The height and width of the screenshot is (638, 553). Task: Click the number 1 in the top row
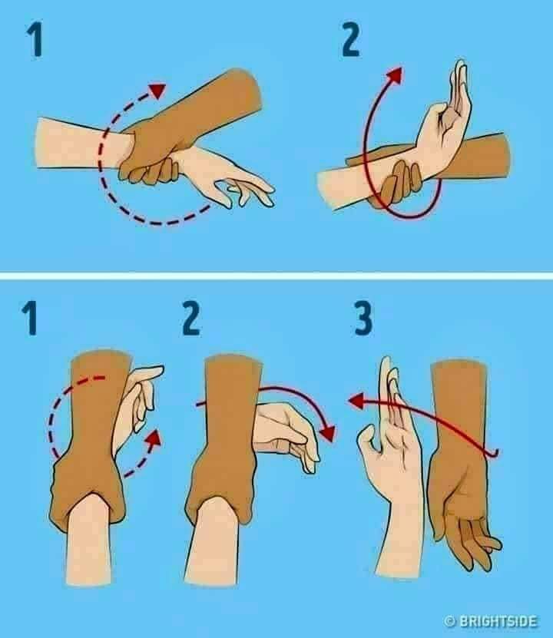coord(35,40)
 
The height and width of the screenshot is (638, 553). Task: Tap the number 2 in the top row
coord(350,40)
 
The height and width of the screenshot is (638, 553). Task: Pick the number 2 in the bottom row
coord(190,319)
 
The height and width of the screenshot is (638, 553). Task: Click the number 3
coord(363,319)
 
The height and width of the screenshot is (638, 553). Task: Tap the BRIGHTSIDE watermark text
coord(498,621)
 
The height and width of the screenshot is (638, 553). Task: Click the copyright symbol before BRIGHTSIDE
coord(450,621)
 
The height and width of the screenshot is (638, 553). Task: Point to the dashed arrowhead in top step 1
coord(157,90)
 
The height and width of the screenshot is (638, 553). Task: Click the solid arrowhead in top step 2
coord(394,75)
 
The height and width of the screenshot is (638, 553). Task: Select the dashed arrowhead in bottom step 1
coord(153,439)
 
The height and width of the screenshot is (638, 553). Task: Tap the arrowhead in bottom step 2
coord(327,433)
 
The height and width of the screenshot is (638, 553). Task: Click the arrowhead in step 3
coord(356,401)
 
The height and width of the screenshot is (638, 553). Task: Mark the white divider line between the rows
coord(276,276)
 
